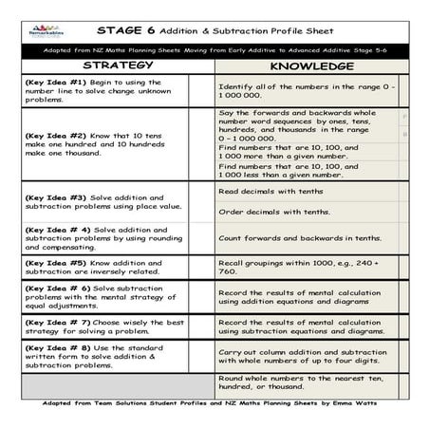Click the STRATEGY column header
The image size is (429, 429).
pyautogui.click(x=118, y=66)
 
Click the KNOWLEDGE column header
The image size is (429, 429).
pyautogui.click(x=312, y=67)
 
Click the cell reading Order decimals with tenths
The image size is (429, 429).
pyautogui.click(x=275, y=212)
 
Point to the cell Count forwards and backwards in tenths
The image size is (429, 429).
pyautogui.click(x=300, y=238)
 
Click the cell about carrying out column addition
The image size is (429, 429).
pyautogui.click(x=302, y=356)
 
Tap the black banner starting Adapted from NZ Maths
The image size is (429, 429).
pyautogui.click(x=214, y=47)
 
